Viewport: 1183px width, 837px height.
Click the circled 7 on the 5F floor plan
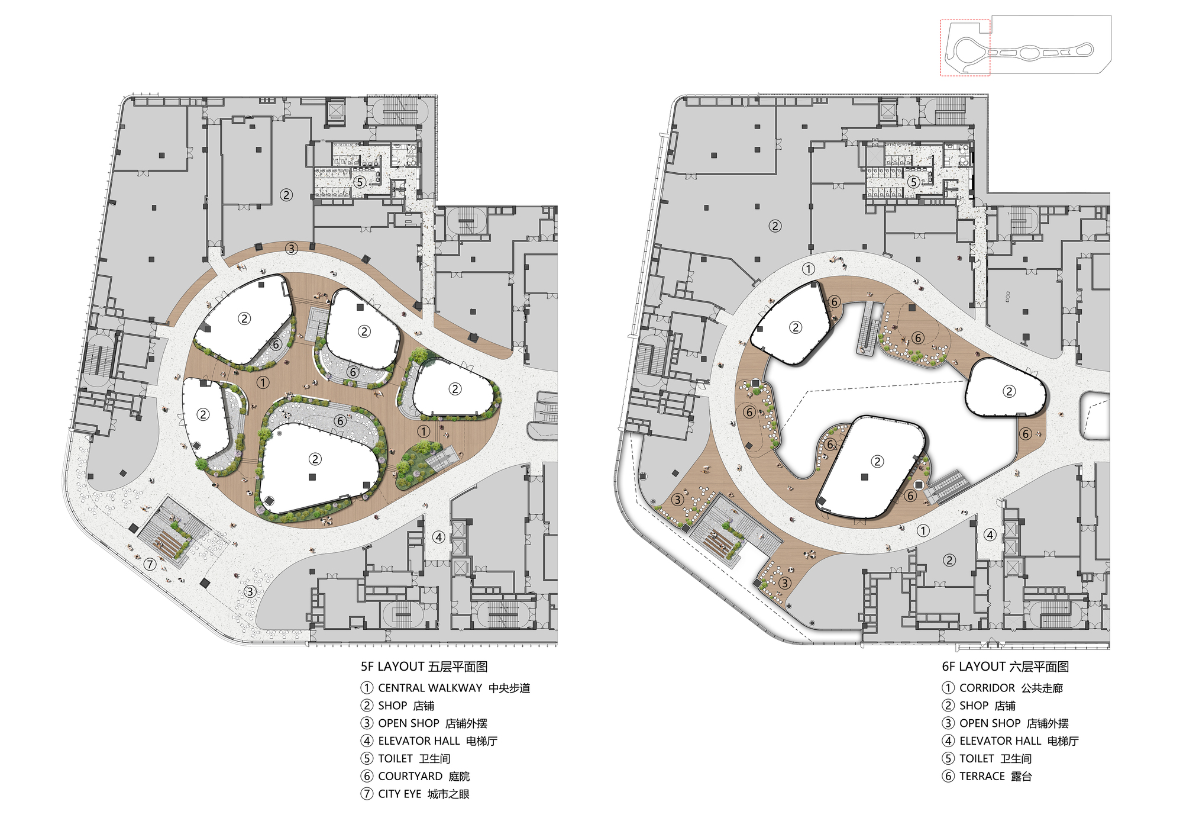pyautogui.click(x=150, y=564)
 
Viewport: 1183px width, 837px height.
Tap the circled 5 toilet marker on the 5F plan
pyautogui.click(x=360, y=182)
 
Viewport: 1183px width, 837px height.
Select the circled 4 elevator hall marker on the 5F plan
pyautogui.click(x=438, y=537)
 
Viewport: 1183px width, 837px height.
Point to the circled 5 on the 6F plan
pyautogui.click(x=914, y=182)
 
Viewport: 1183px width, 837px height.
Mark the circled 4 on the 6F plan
pyautogui.click(x=990, y=535)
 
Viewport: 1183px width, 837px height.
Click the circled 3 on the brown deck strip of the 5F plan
pyautogui.click(x=291, y=249)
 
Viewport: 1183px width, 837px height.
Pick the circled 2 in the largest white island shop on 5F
pyautogui.click(x=315, y=459)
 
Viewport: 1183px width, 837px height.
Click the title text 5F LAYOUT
pyautogui.click(x=393, y=667)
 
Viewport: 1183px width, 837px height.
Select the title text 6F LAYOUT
pyautogui.click(x=974, y=667)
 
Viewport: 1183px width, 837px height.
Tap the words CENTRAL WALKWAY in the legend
pyautogui.click(x=430, y=688)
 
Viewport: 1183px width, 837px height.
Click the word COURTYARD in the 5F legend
pyautogui.click(x=411, y=776)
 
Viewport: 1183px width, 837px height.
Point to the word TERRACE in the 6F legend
pyautogui.click(x=982, y=776)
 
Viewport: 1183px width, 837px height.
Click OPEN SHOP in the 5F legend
pyautogui.click(x=409, y=723)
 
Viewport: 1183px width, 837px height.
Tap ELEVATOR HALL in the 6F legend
pyautogui.click(x=1000, y=741)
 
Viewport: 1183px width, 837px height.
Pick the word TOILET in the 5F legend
pyautogui.click(x=395, y=758)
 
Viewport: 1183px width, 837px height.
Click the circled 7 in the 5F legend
pyautogui.click(x=367, y=794)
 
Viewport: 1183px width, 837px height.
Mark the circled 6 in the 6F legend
pyautogui.click(x=948, y=776)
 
